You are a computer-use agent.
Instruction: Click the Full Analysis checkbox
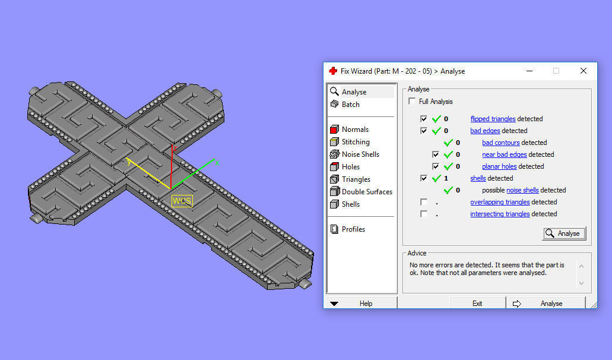[412, 102]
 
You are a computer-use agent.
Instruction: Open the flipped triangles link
[493, 119]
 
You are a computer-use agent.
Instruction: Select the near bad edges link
[504, 154]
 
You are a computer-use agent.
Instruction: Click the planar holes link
[499, 166]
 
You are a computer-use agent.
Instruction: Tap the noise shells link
[522, 190]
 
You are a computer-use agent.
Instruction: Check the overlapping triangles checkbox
[424, 202]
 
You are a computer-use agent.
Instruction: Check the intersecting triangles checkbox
[424, 214]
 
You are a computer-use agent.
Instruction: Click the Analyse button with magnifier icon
[564, 233]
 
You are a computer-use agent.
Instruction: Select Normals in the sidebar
[355, 130]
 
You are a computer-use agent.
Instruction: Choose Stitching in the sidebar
[355, 142]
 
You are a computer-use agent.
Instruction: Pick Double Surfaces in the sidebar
[367, 192]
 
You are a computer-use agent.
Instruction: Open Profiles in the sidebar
[353, 229]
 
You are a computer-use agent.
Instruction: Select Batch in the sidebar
[350, 105]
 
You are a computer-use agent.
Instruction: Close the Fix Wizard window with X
[583, 71]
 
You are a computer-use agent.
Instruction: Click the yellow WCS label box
[182, 201]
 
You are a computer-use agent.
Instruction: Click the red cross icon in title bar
[333, 71]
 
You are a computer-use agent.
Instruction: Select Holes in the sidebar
[350, 167]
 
